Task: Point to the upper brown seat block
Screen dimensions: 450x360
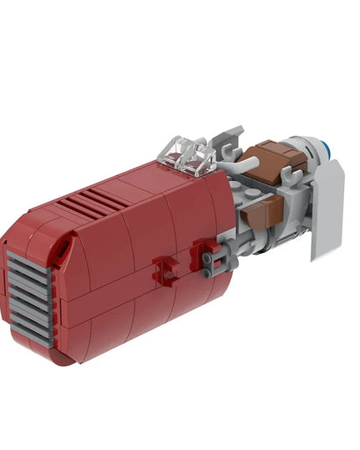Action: tap(270, 160)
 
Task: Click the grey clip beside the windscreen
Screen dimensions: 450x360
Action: tap(224, 142)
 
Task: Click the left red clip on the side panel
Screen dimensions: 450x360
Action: tap(165, 271)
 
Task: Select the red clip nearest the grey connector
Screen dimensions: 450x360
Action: tap(202, 251)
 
